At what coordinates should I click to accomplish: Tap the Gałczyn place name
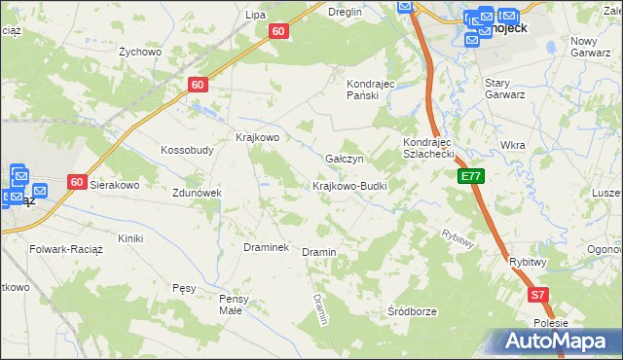345,159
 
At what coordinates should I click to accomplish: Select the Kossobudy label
187,151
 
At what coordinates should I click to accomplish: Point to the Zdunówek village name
198,193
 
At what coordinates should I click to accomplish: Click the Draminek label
266,247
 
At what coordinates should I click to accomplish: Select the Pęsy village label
184,288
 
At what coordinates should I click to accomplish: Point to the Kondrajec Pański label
370,90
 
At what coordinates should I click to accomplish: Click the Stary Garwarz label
505,90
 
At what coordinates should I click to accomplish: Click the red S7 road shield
538,294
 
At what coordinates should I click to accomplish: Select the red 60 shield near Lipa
278,31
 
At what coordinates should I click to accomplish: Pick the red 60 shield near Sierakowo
78,181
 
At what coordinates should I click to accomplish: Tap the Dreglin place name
346,12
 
